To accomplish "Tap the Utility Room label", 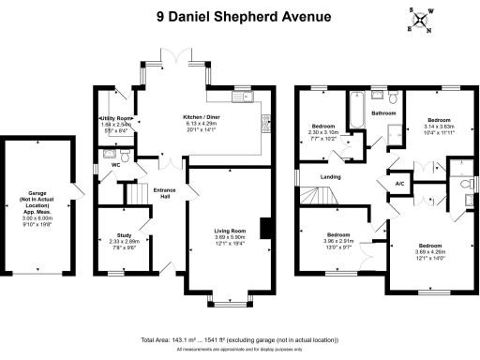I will [x=114, y=118].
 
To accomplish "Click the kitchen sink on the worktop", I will [x=264, y=119].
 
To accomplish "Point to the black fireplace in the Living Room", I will [x=266, y=228].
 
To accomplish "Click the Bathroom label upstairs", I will [x=383, y=112].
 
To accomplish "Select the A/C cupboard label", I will [x=397, y=184].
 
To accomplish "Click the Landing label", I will [x=329, y=176].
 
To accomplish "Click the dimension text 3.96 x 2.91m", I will [x=338, y=240].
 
